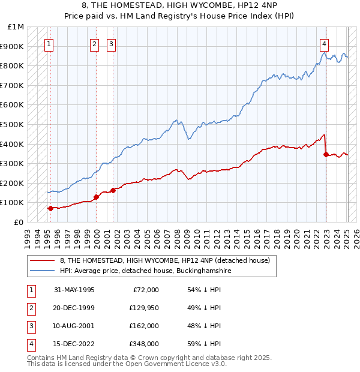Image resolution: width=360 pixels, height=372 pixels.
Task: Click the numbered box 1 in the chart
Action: [49, 43]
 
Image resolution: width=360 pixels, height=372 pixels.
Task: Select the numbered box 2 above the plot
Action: [95, 43]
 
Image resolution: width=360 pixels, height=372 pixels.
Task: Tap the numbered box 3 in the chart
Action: [112, 43]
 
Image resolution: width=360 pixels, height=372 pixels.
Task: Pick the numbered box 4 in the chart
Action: [324, 43]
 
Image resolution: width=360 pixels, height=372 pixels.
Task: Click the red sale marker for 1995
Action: [50, 208]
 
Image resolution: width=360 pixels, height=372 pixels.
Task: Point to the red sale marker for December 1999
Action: [96, 197]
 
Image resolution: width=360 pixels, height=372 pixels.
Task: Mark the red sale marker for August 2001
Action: [113, 190]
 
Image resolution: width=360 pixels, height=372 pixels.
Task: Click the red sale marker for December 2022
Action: [326, 154]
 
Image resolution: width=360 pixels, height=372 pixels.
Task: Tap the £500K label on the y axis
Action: [14, 124]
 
